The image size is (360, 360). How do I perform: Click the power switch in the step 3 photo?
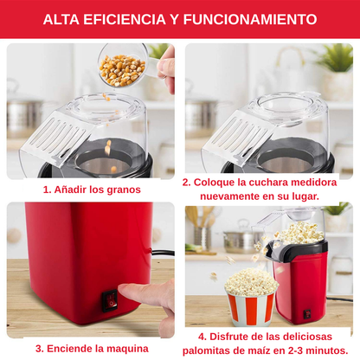coord(112,303)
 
